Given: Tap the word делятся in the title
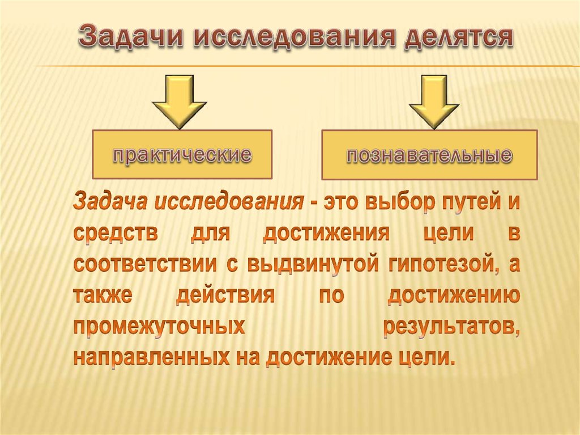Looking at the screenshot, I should [457, 39].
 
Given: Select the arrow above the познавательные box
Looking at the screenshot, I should [434, 101].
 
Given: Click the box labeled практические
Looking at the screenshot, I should [182, 154].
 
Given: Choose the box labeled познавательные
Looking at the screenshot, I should [429, 155].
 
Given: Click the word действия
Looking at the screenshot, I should [225, 296].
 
